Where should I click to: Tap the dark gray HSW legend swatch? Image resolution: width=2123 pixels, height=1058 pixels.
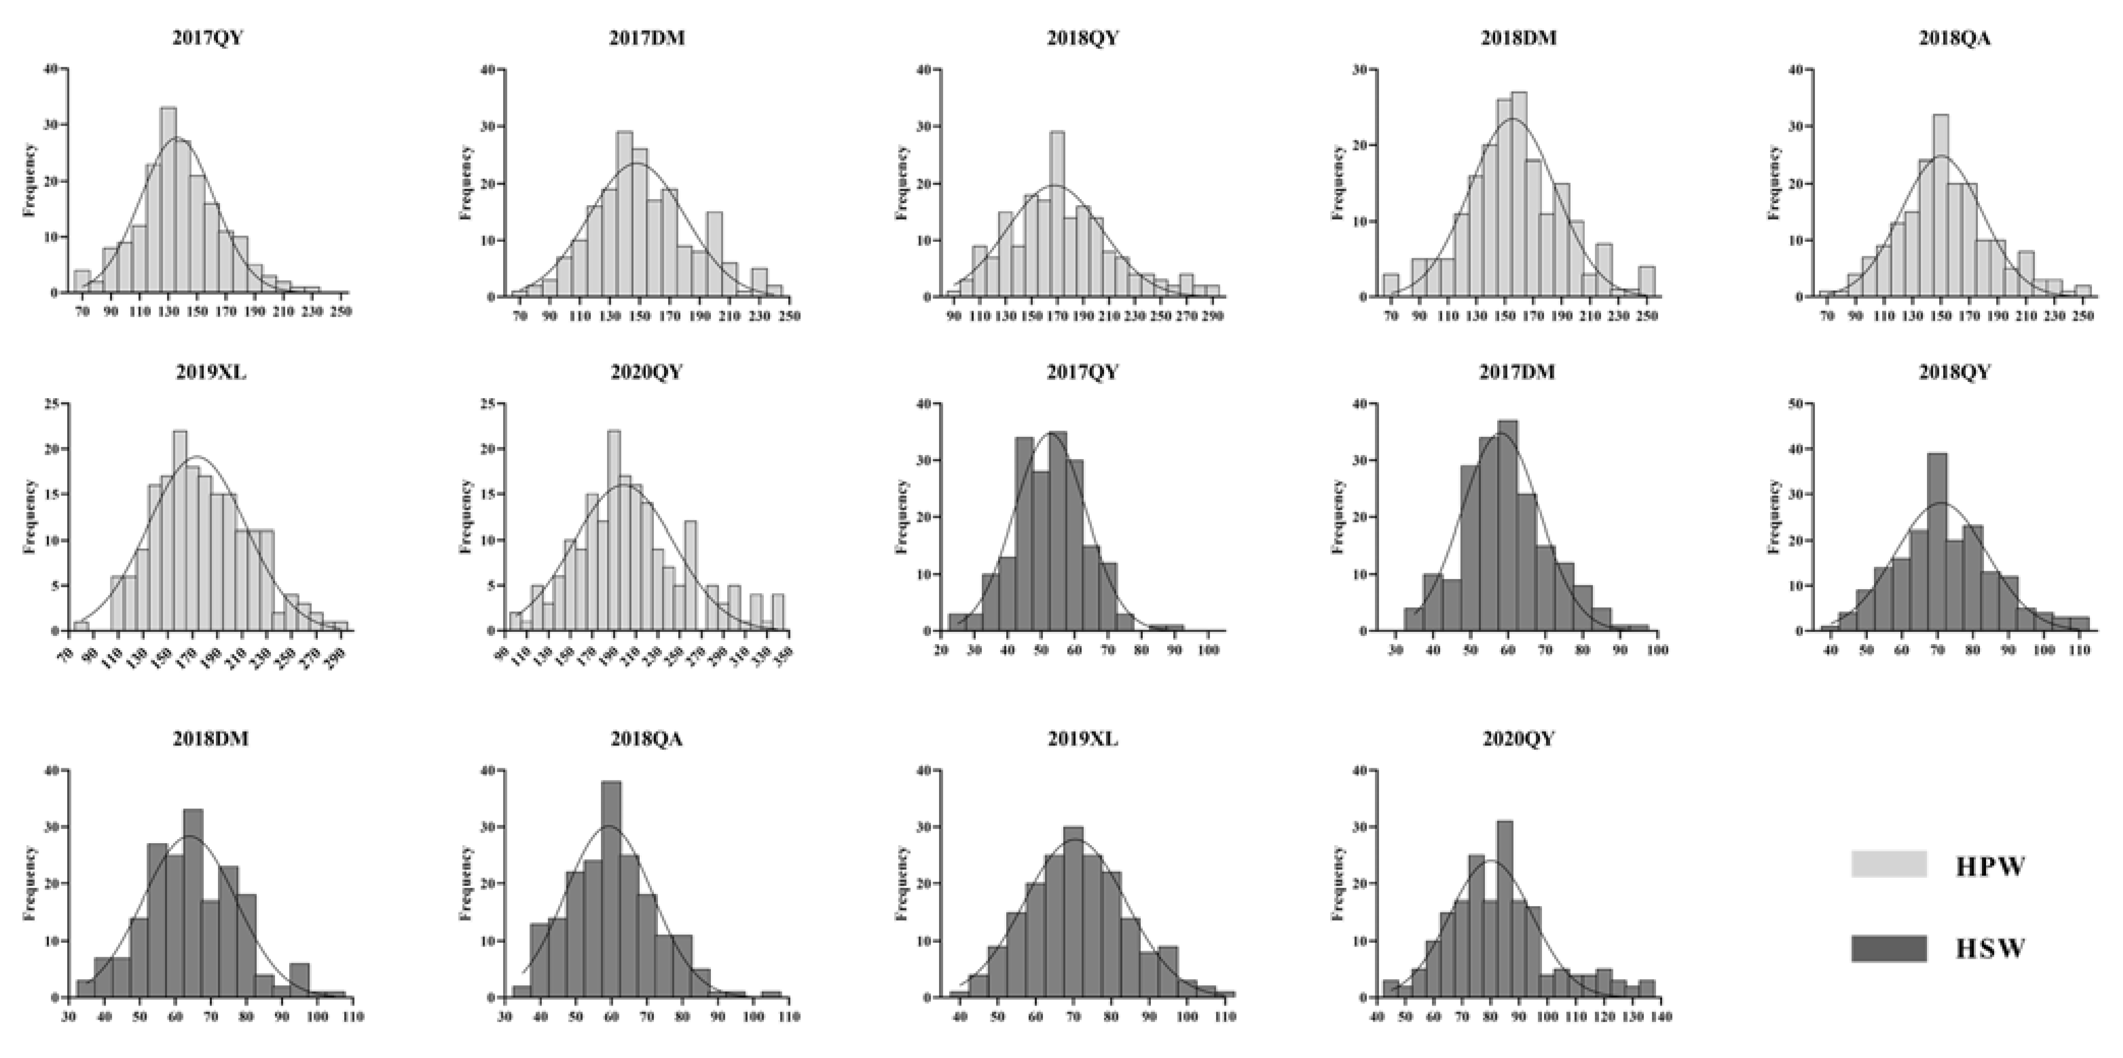click(1889, 949)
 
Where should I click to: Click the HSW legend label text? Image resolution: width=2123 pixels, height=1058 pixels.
click(1990, 949)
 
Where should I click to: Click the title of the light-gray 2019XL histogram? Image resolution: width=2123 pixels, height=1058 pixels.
click(210, 373)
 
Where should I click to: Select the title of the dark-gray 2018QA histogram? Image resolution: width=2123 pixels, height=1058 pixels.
click(646, 739)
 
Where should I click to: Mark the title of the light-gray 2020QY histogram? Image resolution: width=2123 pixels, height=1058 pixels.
click(646, 373)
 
